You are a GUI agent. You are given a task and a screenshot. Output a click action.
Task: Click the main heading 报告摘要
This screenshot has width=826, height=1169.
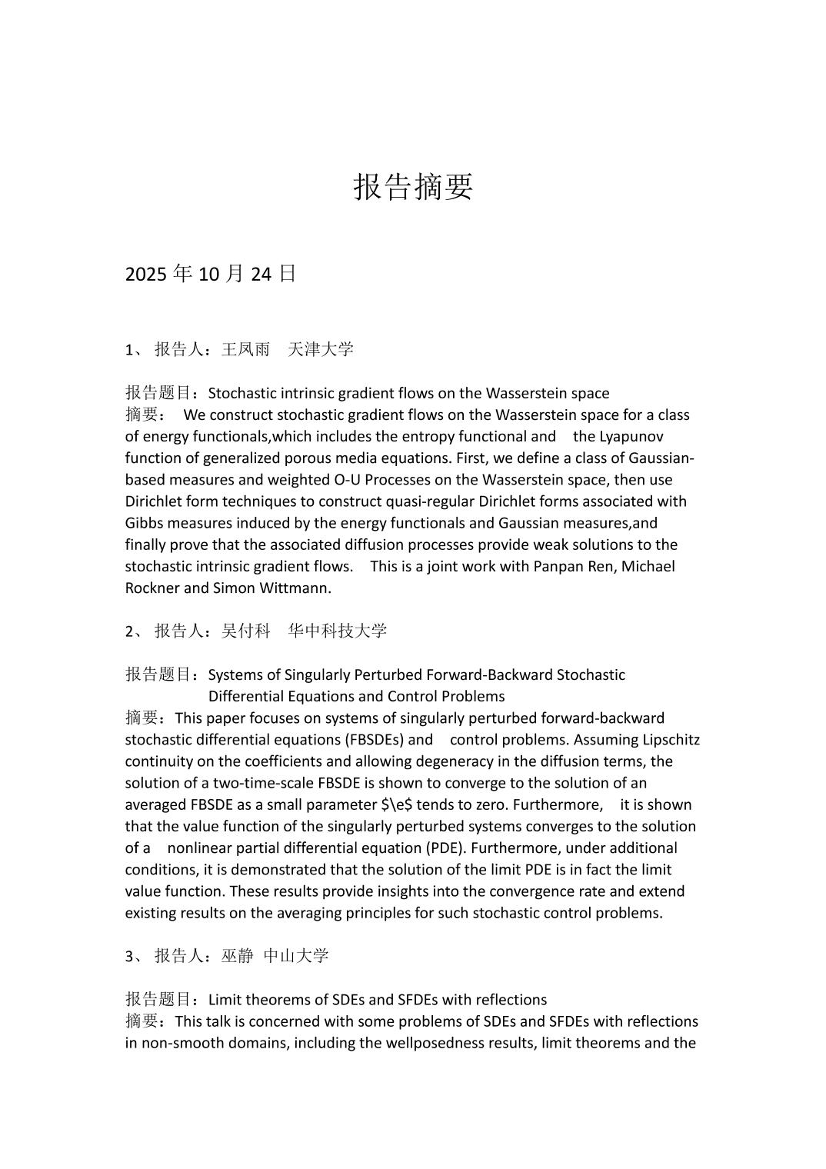tap(413, 187)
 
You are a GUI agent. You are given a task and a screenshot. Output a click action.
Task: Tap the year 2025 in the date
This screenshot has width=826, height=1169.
tap(146, 274)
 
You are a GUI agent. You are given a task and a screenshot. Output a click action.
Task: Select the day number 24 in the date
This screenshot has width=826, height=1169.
tap(261, 274)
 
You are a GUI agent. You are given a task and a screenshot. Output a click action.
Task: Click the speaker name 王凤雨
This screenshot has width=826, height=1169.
tap(245, 350)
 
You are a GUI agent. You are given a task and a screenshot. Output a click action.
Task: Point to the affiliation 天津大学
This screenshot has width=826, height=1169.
tap(321, 350)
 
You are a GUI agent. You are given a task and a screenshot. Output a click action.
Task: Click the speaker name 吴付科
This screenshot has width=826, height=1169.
tap(245, 631)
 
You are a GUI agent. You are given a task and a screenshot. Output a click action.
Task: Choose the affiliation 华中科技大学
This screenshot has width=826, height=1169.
tap(338, 631)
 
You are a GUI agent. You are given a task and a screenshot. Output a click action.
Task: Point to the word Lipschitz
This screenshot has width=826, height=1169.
tap(669, 740)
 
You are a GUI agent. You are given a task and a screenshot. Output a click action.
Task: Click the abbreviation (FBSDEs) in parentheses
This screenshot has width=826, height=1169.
tap(375, 740)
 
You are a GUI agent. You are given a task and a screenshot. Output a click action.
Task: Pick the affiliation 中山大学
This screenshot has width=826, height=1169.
tap(296, 956)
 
